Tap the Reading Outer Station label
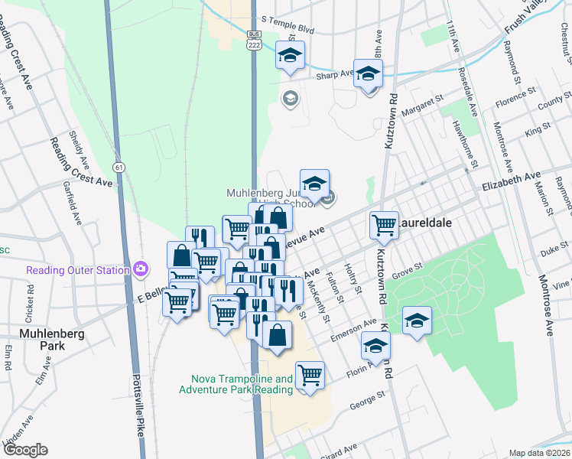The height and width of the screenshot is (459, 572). pyautogui.click(x=76, y=270)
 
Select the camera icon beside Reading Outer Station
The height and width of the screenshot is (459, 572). pyautogui.click(x=140, y=269)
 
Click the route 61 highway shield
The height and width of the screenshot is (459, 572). pyautogui.click(x=118, y=166)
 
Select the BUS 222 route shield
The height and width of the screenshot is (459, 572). pyautogui.click(x=255, y=41)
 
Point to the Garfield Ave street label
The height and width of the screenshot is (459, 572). pyautogui.click(x=77, y=201)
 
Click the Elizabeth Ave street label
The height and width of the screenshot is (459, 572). pyautogui.click(x=511, y=181)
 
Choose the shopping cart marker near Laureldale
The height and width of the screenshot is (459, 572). pyautogui.click(x=383, y=225)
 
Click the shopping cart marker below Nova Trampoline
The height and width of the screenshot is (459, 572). pyautogui.click(x=310, y=375)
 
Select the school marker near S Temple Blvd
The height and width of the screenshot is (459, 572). pyautogui.click(x=290, y=55)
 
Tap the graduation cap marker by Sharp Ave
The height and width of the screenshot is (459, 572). pyautogui.click(x=369, y=74)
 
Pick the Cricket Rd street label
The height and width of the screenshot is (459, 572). pyautogui.click(x=31, y=301)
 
